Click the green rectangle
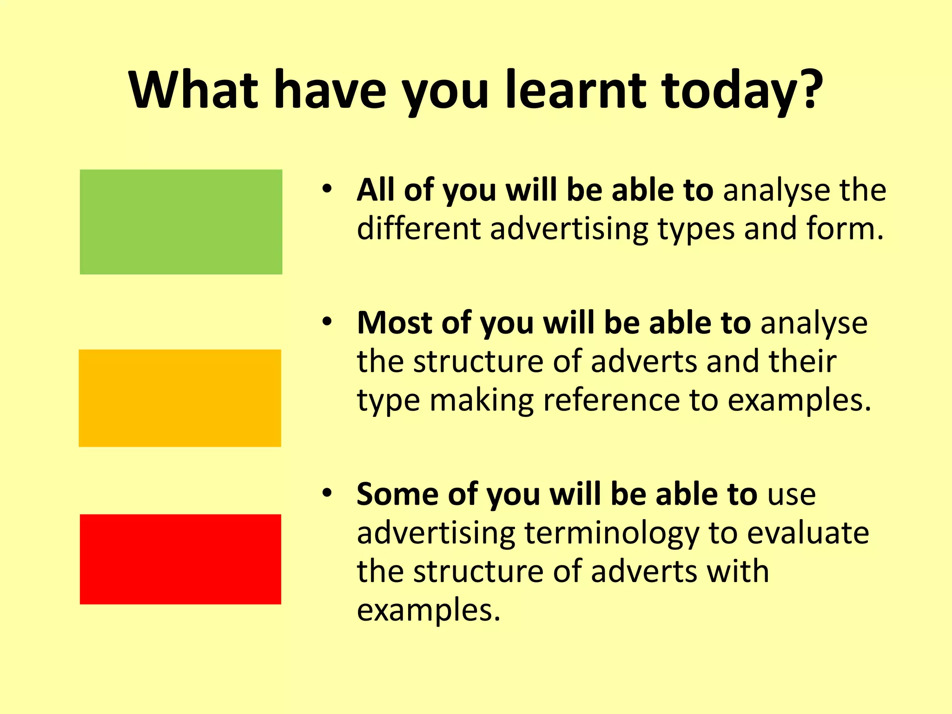pos(181,222)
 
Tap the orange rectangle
pos(180,398)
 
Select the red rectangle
pos(180,559)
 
